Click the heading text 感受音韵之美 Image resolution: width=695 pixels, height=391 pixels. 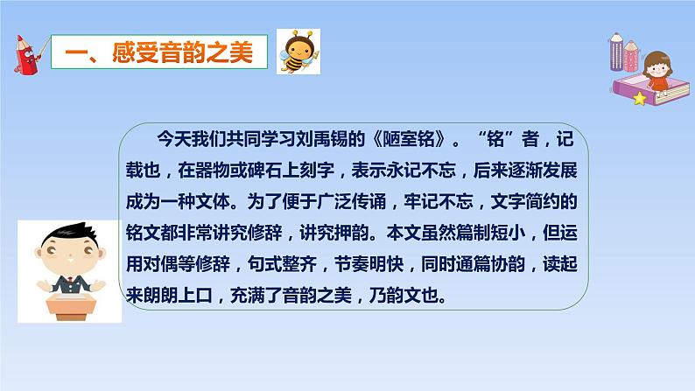tap(182, 52)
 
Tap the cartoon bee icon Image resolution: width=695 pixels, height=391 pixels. tap(298, 52)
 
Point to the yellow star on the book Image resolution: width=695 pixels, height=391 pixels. tap(640, 98)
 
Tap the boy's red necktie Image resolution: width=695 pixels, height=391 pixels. tap(71, 281)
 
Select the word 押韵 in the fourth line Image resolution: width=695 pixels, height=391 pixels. tap(352, 233)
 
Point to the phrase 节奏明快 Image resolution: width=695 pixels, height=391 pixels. tap(369, 264)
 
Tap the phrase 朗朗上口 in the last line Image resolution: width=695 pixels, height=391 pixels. tap(179, 296)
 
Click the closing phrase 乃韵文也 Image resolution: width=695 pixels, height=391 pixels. tap(404, 296)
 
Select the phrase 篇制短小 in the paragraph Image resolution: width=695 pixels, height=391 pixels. tap(491, 233)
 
